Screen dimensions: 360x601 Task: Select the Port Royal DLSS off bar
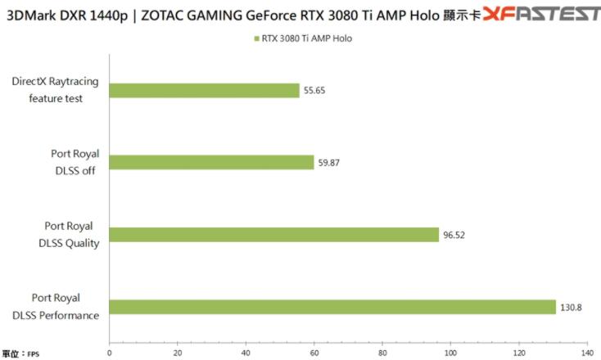(211, 162)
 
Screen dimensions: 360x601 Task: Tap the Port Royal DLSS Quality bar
(274, 235)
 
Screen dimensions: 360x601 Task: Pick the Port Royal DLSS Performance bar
(332, 307)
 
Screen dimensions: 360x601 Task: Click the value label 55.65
(314, 91)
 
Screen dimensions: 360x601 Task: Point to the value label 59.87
(328, 163)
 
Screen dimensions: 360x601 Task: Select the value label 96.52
(454, 235)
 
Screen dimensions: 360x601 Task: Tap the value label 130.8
(570, 308)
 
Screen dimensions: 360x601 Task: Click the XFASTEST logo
(541, 14)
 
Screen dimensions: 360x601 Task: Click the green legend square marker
(256, 38)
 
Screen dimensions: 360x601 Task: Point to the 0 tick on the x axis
(110, 353)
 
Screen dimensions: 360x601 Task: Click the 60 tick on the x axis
(314, 353)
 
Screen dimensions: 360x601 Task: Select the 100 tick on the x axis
(450, 353)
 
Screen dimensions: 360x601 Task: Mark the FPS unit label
(33, 354)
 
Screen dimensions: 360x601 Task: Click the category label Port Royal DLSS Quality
(69, 235)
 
